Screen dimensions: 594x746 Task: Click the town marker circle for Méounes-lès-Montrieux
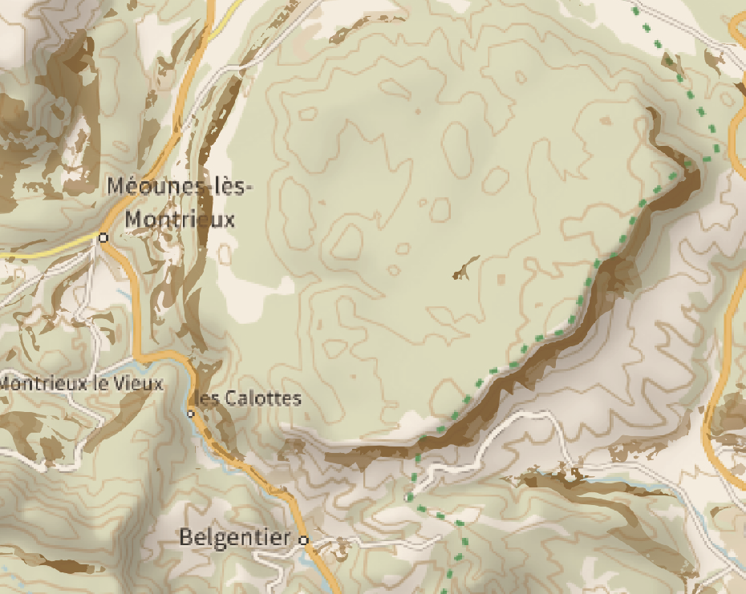point(103,237)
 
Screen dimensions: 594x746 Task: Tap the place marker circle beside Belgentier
point(304,539)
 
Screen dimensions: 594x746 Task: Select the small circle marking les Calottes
point(191,414)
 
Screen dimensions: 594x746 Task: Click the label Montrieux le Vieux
point(80,383)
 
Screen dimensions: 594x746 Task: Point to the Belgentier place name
point(233,537)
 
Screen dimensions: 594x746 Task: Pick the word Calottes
point(263,398)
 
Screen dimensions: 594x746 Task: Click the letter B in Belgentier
point(186,537)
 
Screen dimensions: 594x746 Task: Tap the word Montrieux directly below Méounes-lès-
point(180,218)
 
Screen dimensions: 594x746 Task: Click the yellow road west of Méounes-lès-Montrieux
point(40,249)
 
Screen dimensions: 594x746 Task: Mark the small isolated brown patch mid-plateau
point(464,270)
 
